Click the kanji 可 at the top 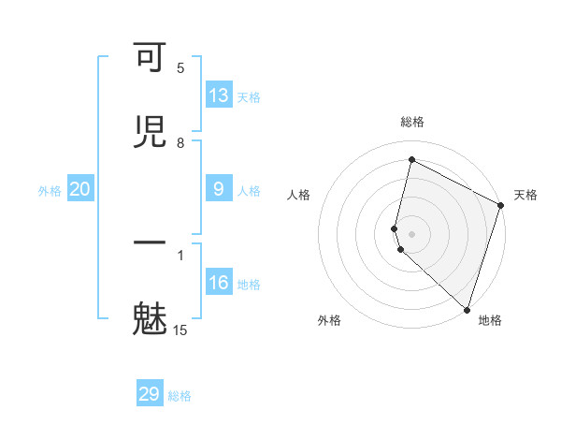[150, 59]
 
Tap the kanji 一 [150, 243]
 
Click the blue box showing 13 [219, 95]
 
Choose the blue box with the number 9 [219, 189]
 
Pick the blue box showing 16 [219, 283]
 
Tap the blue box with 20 [80, 189]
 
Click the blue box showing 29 [150, 394]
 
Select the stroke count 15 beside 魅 [180, 330]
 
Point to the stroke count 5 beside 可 [180, 67]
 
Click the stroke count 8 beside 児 [180, 142]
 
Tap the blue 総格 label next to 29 [180, 396]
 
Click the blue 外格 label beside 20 [50, 191]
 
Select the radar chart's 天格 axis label [525, 195]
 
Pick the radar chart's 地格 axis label [490, 320]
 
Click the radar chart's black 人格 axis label [299, 195]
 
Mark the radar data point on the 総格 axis [411, 160]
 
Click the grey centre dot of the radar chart [412, 233]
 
